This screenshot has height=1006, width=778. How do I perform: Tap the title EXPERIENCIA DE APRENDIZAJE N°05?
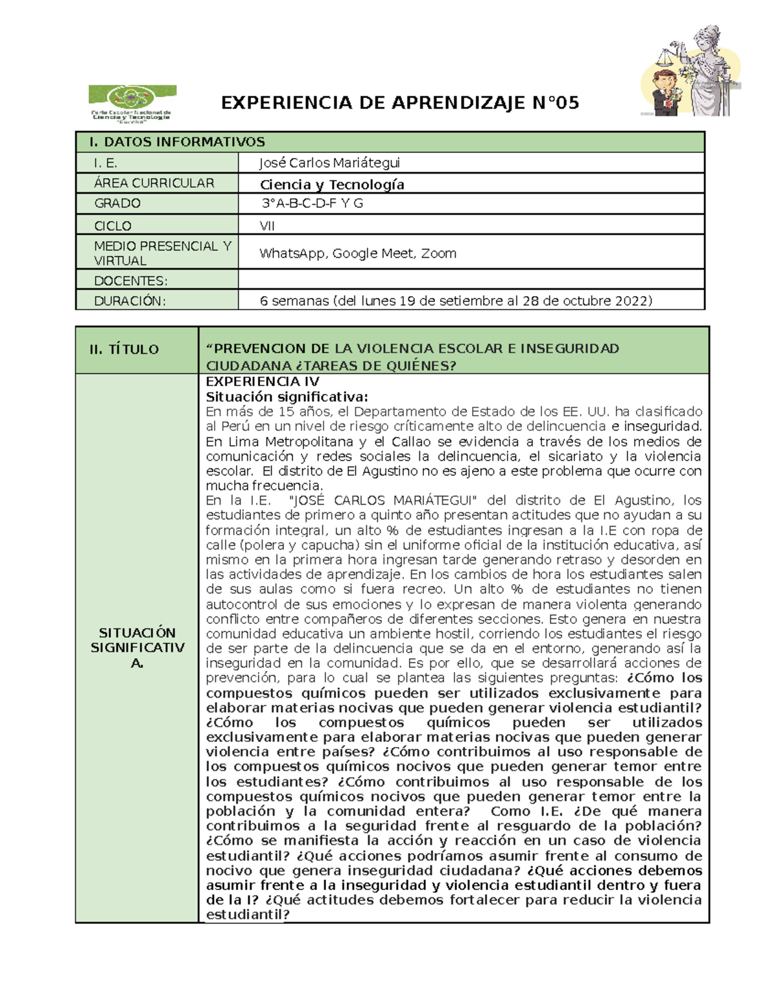click(x=399, y=103)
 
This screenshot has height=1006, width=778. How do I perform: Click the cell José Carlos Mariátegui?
click(x=329, y=163)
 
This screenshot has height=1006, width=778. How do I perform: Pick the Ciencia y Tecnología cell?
click(x=332, y=185)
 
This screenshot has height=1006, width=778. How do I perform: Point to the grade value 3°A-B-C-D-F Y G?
click(x=312, y=203)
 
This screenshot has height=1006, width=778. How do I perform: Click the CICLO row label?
click(x=113, y=225)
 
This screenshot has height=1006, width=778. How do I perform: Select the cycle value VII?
click(x=267, y=225)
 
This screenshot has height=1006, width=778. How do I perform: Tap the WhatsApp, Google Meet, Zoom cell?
click(x=358, y=253)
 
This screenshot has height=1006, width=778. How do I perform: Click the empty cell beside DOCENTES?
click(x=471, y=280)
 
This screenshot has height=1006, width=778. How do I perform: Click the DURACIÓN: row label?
click(x=130, y=301)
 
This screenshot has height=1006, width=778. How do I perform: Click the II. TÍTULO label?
click(x=124, y=349)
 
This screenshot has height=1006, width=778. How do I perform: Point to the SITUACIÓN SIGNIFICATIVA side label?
click(x=137, y=647)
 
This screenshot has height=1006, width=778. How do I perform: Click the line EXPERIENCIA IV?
click(x=262, y=382)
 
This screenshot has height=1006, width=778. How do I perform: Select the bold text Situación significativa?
click(x=287, y=396)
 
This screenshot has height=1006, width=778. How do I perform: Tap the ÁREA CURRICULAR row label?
click(x=154, y=183)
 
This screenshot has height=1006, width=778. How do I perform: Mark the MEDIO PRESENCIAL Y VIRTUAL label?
click(x=162, y=253)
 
